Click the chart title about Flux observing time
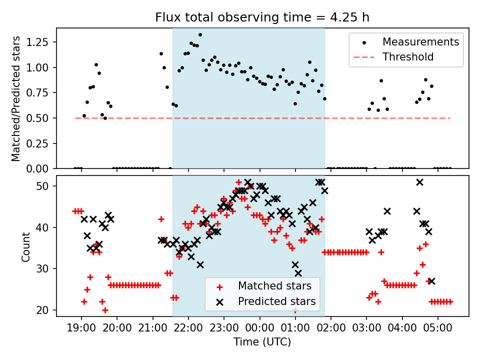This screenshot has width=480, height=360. tap(262, 17)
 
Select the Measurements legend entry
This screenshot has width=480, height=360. tap(420, 41)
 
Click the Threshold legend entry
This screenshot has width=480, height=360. tap(408, 57)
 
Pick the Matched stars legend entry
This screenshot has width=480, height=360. tap(274, 286)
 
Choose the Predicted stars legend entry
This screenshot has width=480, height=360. tap(276, 301)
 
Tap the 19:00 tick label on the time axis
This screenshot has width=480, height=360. tap(81, 329)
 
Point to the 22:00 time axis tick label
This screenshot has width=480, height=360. tap(188, 329)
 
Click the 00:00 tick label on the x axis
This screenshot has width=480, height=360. tap(260, 329)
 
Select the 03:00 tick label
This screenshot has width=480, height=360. tap(366, 329)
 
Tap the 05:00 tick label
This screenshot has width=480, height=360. tap(438, 329)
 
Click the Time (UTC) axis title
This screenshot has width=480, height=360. tap(262, 342)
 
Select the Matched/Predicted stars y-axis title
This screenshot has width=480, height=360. tap(16, 98)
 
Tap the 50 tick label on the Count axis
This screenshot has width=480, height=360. tap(45, 186)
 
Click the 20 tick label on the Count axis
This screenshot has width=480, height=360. tap(45, 310)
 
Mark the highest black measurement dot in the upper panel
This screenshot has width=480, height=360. tap(200, 35)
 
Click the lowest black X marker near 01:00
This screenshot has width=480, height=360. tap(298, 273)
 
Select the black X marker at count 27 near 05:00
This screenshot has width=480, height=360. tap(431, 281)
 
